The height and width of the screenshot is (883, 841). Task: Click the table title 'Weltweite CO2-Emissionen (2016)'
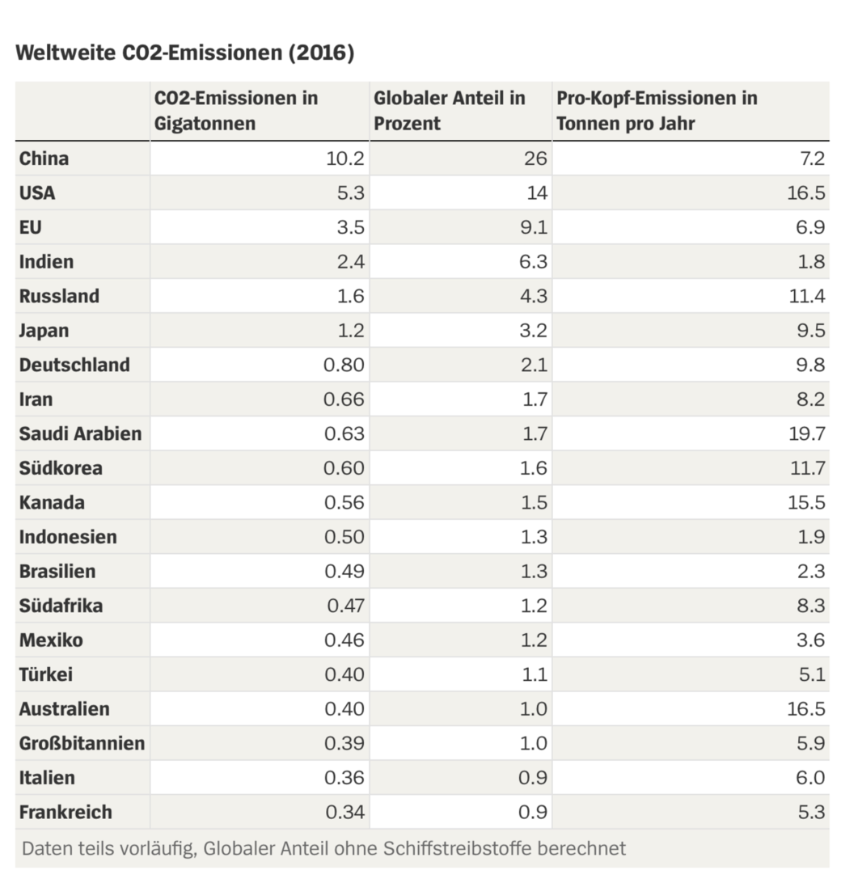185,53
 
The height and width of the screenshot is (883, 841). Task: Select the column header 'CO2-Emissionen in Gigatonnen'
236,111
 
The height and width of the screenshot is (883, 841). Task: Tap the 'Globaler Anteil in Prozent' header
449,111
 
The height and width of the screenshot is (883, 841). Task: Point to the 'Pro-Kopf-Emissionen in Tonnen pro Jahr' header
657,111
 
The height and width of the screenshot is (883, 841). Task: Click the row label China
44,158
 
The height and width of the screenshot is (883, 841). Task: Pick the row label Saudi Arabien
80,433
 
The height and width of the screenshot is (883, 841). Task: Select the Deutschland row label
74,365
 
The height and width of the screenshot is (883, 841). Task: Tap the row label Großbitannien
82,743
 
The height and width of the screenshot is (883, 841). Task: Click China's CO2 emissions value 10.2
345,158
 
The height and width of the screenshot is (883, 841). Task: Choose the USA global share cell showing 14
536,193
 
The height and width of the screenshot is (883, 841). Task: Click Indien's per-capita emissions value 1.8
811,262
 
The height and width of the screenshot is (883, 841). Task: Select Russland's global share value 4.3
534,296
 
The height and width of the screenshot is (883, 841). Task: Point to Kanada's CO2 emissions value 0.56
344,502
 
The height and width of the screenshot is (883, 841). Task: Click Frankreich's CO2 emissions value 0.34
344,812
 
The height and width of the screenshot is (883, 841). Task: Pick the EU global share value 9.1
534,227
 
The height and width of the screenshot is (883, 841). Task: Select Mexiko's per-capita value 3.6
811,640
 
